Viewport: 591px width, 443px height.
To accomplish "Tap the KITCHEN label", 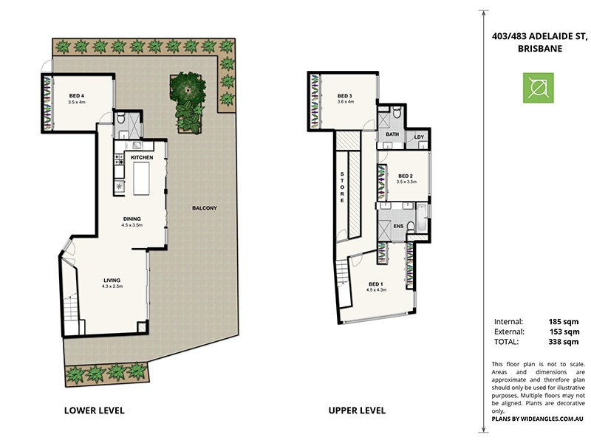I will [x=142, y=158].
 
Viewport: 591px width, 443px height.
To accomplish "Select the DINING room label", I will [x=132, y=219].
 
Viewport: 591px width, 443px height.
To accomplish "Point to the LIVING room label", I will [x=112, y=280].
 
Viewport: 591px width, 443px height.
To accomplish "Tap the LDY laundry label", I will [x=419, y=137].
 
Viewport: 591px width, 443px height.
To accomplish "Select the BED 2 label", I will [x=406, y=176].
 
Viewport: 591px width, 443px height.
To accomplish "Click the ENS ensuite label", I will [x=398, y=227].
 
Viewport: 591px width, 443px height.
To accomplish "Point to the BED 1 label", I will [x=375, y=284].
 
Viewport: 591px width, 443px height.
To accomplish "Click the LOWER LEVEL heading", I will [x=94, y=410].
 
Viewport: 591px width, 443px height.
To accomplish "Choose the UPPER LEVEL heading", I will [x=356, y=410].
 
